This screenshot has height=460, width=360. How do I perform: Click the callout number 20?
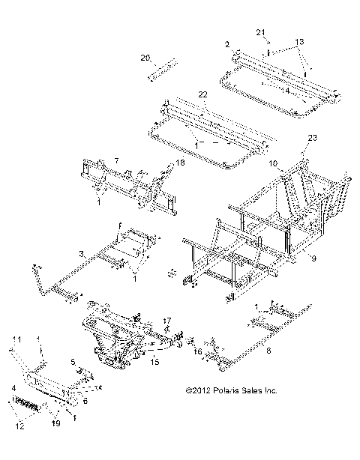point(145,57)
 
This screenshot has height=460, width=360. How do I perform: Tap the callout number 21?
point(260,32)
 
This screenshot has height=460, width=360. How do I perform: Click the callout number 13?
point(300,40)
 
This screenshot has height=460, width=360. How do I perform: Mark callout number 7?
point(116,161)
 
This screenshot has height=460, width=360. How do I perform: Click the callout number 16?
point(197,351)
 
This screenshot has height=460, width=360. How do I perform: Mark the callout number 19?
point(54,424)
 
